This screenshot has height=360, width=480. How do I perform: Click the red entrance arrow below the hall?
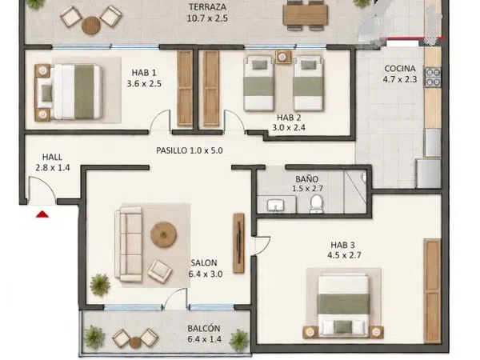coord(42,214)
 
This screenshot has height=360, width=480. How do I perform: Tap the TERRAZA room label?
coord(207,6)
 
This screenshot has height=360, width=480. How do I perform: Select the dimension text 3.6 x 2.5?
coord(144,83)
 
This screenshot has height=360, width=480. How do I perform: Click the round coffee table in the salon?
coord(163,234)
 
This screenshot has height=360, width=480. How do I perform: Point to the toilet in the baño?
coord(316,203)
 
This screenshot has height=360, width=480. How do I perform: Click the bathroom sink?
coord(276,205)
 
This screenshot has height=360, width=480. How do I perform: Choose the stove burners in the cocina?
coord(433,77)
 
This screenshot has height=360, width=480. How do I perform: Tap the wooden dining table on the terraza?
coord(306,15)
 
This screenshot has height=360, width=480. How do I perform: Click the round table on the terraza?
coord(91,25)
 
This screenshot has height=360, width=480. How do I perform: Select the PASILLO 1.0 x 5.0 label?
coord(190,150)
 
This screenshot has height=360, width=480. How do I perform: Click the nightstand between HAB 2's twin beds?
coord(283,57)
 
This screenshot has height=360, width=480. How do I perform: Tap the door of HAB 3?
coord(262,245)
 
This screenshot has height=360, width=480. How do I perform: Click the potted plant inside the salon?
coord(100,286)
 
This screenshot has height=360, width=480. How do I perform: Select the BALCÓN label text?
coord(204,329)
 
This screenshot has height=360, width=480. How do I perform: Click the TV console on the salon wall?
coord(238,243)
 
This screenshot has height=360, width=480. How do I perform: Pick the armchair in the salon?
coord(159,272)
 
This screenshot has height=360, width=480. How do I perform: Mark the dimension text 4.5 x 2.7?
coord(344,255)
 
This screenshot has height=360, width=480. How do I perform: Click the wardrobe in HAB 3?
coord(432,291)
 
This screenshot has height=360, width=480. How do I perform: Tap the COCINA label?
coord(400,69)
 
